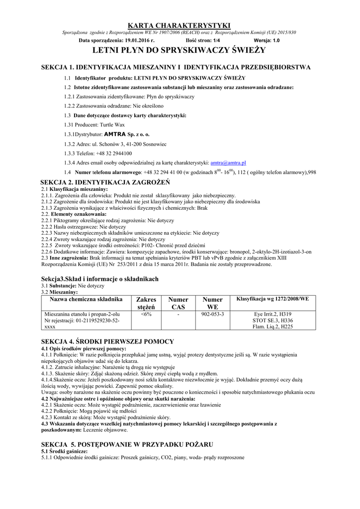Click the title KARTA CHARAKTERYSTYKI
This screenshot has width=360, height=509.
180,25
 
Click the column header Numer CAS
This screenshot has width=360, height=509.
178,303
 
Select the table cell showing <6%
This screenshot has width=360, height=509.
146,314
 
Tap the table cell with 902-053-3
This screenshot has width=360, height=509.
212,314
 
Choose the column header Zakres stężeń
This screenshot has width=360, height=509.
146,303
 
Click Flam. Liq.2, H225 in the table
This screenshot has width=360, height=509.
272,327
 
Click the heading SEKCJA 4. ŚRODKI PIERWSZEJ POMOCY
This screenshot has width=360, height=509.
107,341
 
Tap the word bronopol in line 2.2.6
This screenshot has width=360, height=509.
238,252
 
